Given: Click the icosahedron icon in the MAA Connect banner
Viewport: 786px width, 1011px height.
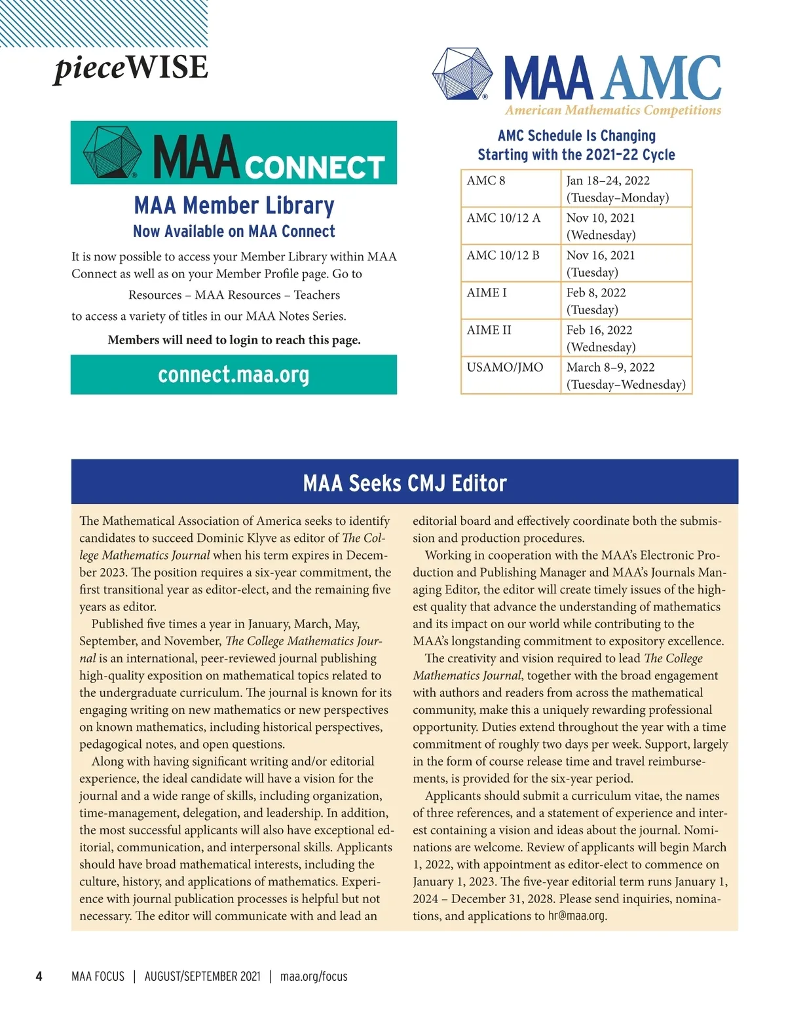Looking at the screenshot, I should [x=112, y=152].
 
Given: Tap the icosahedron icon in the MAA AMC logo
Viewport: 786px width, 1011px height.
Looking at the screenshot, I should [x=462, y=73].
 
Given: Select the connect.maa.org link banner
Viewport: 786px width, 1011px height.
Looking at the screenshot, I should [x=234, y=375].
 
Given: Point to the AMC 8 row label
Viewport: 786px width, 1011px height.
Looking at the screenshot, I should [x=486, y=181].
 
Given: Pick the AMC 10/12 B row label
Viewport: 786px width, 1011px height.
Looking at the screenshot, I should [x=503, y=255].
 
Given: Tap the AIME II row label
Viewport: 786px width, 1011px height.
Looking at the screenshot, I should [x=489, y=330].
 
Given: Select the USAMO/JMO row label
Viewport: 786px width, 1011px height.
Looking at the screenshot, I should [x=505, y=367].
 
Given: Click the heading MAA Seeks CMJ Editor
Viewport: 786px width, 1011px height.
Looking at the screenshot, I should [x=405, y=484].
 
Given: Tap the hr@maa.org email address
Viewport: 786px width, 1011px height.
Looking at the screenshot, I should [x=576, y=916].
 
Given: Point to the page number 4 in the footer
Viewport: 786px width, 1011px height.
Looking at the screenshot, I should [x=39, y=976].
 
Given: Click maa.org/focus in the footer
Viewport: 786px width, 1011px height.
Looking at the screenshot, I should [x=314, y=976].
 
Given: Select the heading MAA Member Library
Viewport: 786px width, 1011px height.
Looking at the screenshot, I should [x=234, y=205].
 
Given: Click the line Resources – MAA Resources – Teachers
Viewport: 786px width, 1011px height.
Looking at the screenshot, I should [x=234, y=295].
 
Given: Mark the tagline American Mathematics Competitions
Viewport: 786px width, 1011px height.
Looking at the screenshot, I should [x=612, y=111].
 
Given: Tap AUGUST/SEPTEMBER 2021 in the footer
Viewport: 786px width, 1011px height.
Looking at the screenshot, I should [x=202, y=976].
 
